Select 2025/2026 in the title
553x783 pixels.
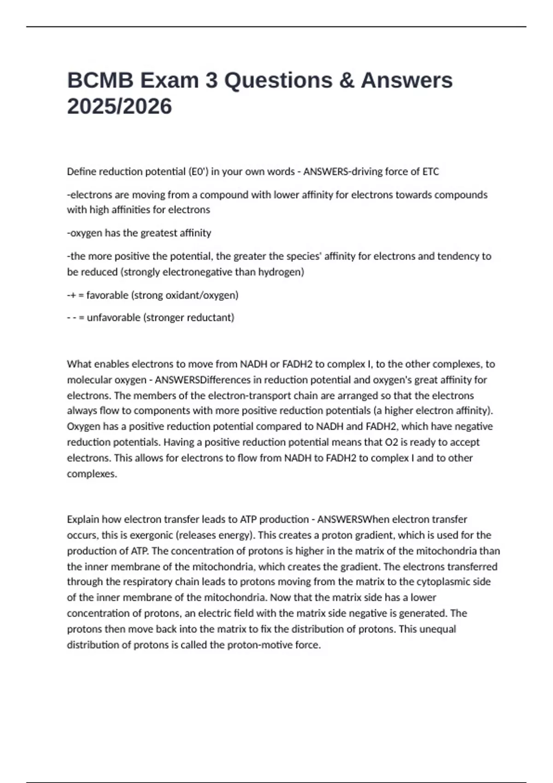[119, 107]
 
